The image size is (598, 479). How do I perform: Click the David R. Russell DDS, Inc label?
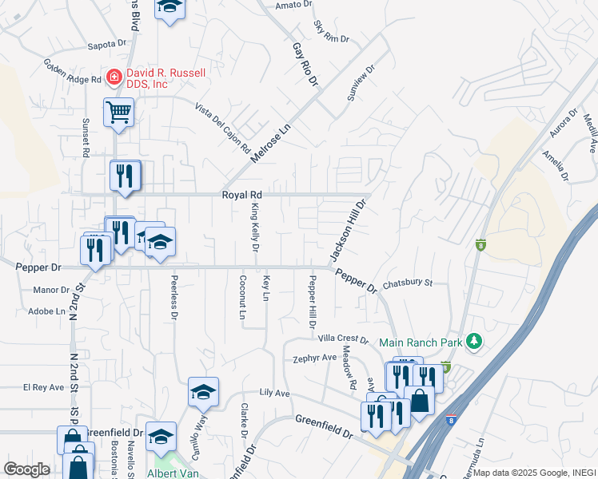165,77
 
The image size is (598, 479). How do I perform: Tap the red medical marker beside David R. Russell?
114,77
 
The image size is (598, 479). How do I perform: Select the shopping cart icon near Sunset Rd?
118,113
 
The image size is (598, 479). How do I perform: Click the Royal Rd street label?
242,194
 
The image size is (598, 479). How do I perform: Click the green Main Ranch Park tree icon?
475,342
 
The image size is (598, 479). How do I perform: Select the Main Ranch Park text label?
422,342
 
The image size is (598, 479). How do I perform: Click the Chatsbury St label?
407,283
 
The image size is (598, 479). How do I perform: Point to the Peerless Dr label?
173,298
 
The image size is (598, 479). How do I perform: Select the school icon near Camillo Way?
203,392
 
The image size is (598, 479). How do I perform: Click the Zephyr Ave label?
315,358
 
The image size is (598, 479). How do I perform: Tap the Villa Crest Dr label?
342,339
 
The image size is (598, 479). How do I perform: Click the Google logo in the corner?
26,470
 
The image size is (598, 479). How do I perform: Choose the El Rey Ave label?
43,387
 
